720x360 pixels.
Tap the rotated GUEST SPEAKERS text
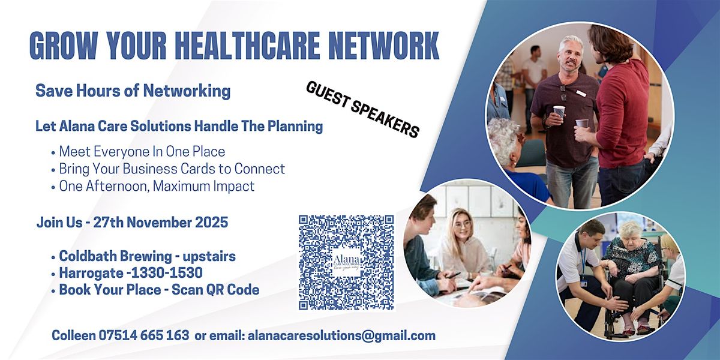point(362,109)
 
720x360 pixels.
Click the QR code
point(346,262)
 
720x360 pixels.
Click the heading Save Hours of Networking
point(133,91)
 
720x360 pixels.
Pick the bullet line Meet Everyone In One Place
point(142,151)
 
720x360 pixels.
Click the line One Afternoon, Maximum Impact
point(156,186)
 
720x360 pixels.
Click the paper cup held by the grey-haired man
point(559,112)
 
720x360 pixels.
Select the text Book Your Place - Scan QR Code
point(158,290)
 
